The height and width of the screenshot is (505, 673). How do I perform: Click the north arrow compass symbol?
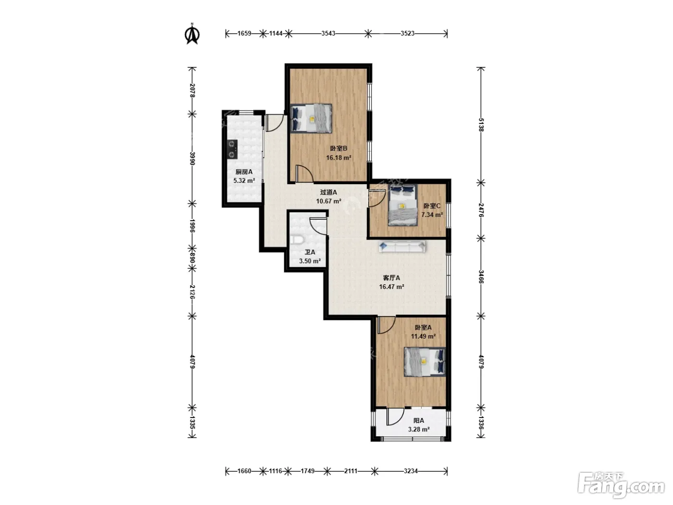192,34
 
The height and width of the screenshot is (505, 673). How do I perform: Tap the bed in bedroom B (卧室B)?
311,118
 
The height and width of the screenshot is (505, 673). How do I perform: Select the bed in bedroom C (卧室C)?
403,205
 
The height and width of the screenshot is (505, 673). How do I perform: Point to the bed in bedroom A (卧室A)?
424,362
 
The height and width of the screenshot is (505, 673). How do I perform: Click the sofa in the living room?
402,247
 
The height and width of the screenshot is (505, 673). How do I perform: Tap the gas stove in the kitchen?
232,149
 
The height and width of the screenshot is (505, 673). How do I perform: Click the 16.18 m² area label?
338,158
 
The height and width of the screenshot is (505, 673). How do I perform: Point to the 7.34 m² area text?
432,215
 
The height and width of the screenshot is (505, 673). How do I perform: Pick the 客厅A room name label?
391,278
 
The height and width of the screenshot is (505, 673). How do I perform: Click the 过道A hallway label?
328,192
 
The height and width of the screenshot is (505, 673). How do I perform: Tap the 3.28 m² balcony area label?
419,429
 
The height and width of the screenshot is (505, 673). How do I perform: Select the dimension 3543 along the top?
328,33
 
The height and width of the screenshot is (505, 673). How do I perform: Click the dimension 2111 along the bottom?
350,471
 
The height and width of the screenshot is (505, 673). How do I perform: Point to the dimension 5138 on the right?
481,125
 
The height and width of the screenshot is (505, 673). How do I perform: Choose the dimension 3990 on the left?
192,159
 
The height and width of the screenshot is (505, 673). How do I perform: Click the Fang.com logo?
621,486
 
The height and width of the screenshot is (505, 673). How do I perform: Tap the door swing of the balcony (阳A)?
395,417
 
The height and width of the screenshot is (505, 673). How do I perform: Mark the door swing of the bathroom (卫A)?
318,226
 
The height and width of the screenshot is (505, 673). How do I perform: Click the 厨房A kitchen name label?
244,172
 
